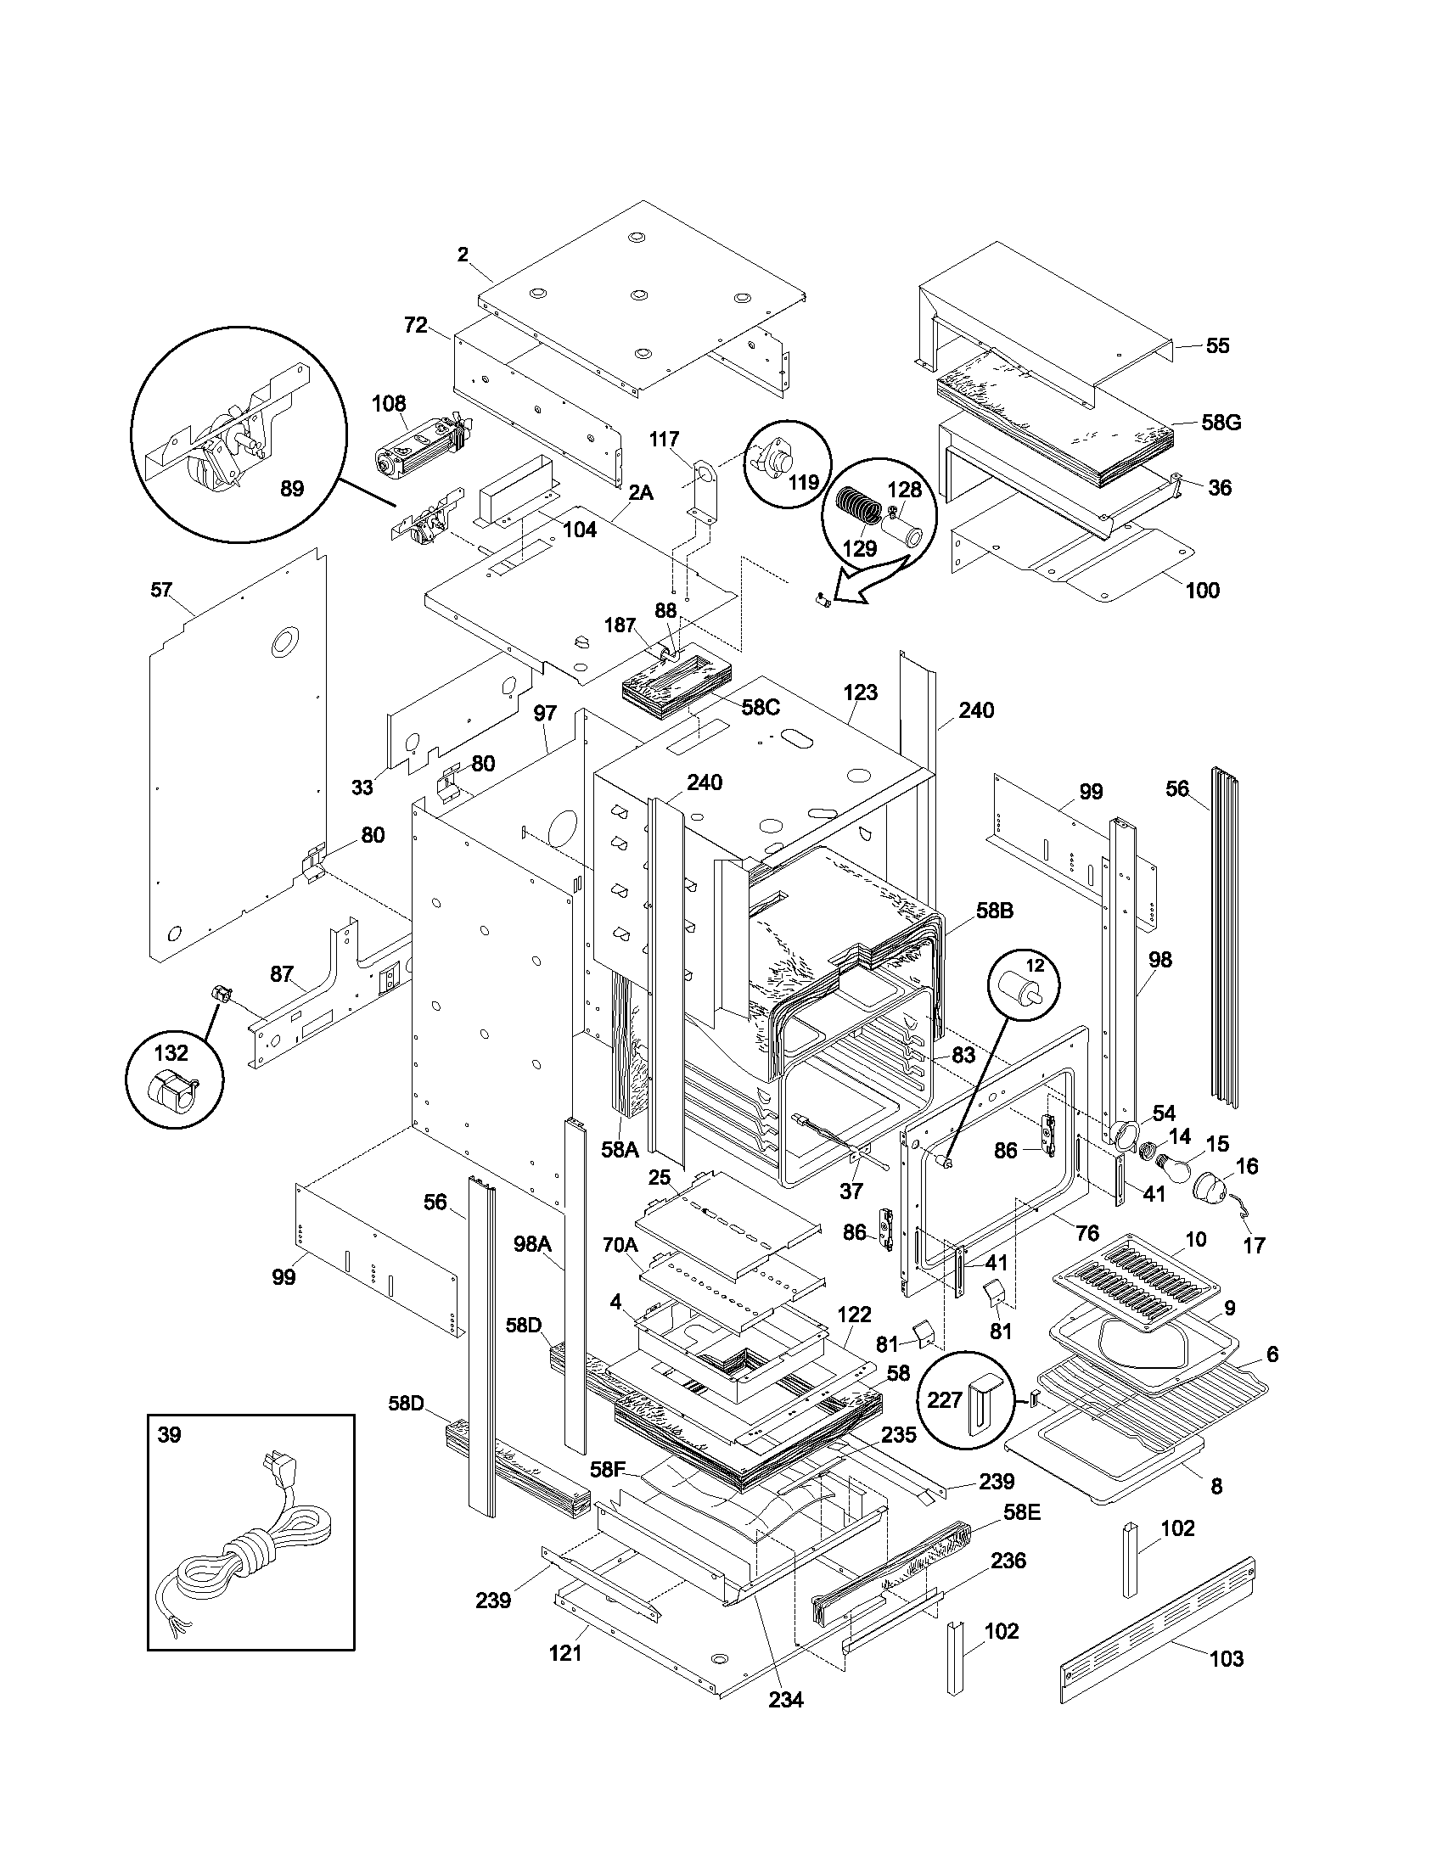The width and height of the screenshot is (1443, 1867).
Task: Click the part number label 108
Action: (389, 403)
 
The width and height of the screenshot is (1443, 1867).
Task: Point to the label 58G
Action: (1221, 423)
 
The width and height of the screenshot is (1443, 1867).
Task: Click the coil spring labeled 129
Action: (857, 507)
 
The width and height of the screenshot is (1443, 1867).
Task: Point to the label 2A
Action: (640, 493)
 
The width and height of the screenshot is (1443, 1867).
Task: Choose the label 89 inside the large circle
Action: (292, 489)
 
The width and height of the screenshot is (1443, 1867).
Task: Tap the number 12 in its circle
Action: (1036, 966)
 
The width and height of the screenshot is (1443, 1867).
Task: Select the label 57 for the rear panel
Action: (161, 590)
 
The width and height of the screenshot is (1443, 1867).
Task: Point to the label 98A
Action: (531, 1270)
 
